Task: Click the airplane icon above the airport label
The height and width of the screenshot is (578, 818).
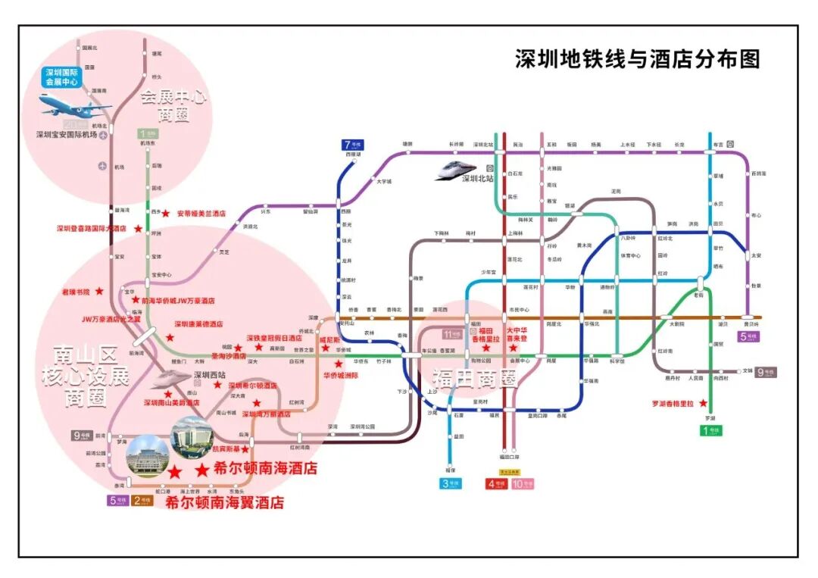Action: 73,105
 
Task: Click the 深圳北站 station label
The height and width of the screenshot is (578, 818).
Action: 479,180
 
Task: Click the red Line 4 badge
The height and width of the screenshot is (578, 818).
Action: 497,484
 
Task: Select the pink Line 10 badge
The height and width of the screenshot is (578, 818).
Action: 523,484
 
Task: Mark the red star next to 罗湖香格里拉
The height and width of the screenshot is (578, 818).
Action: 704,402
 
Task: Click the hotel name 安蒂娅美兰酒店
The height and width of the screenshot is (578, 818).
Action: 201,214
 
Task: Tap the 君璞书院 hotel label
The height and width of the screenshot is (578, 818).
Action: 76,291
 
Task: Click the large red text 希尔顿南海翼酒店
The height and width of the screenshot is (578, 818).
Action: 224,502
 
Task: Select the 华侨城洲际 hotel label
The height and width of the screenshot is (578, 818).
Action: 341,375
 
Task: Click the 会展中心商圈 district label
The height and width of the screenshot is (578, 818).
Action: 174,105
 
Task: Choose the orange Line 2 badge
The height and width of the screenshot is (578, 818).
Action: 142,500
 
